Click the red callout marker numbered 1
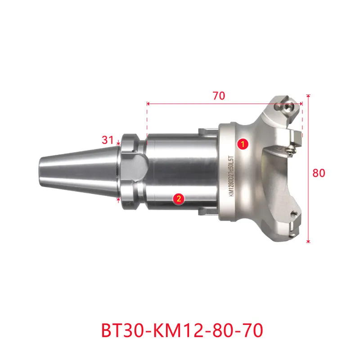[x=243, y=144]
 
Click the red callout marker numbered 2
[x=179, y=198]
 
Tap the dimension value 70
[x=219, y=96]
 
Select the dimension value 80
[x=319, y=173]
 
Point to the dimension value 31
[x=108, y=140]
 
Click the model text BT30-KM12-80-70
[x=182, y=330]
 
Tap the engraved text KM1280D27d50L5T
[x=231, y=176]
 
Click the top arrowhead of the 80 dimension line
[x=308, y=96]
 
